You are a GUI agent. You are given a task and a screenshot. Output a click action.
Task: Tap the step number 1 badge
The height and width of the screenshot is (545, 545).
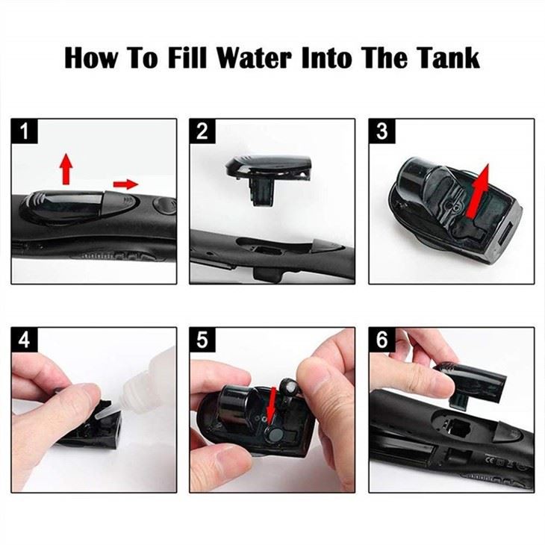click(25, 132)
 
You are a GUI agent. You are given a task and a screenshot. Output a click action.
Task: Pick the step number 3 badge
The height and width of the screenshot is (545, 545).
click(381, 132)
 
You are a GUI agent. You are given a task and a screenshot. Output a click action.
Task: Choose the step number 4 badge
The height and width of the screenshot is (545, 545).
click(25, 340)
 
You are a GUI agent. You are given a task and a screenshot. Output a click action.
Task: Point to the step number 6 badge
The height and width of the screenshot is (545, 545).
click(381, 340)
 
